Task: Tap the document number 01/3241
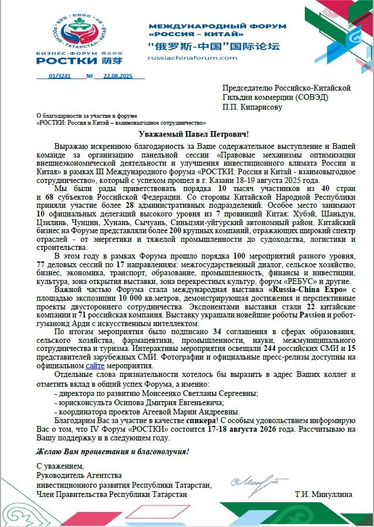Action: tap(60, 76)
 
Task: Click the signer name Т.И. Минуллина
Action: tap(323, 495)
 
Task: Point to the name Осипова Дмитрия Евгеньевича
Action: tap(153, 402)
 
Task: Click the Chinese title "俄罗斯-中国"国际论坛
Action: tap(205, 45)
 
